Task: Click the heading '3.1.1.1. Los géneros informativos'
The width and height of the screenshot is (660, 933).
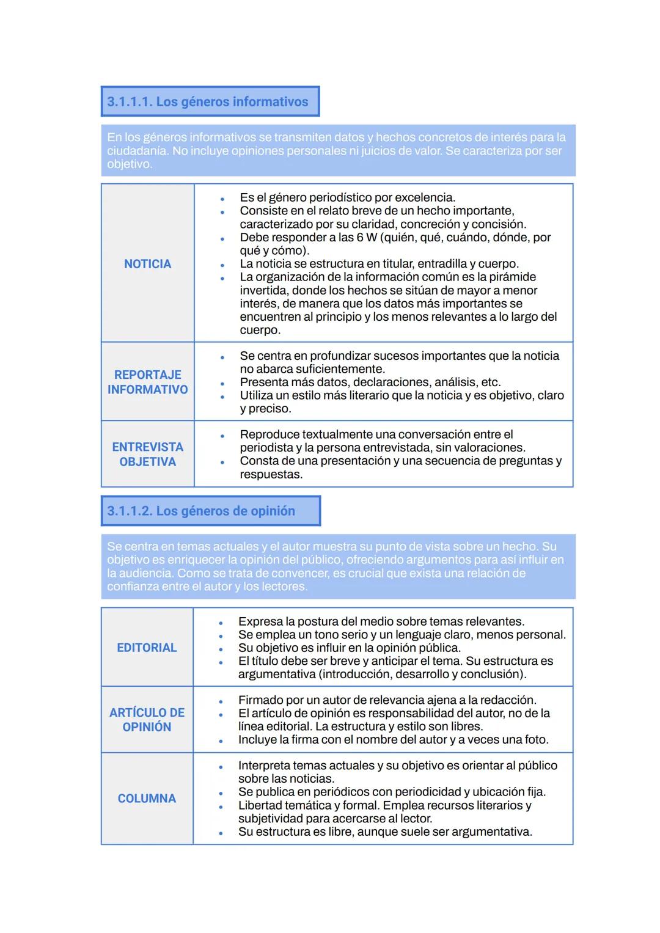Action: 208,101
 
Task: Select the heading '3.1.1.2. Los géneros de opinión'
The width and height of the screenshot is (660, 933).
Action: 201,511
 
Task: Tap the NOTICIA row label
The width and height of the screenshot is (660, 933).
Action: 147,264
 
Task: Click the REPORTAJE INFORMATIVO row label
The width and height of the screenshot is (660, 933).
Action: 147,382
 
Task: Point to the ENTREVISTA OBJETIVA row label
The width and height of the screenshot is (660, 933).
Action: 147,454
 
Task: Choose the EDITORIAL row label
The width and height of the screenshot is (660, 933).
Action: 147,648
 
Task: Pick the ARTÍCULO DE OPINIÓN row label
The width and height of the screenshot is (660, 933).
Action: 147,720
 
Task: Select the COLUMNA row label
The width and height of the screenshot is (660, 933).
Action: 147,799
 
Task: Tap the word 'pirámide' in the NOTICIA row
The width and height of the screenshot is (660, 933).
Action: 512,277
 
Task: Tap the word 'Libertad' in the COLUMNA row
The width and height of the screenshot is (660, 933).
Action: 262,805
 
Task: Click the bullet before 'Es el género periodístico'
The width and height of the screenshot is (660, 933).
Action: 222,199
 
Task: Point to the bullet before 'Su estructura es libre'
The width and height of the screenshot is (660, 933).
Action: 221,833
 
